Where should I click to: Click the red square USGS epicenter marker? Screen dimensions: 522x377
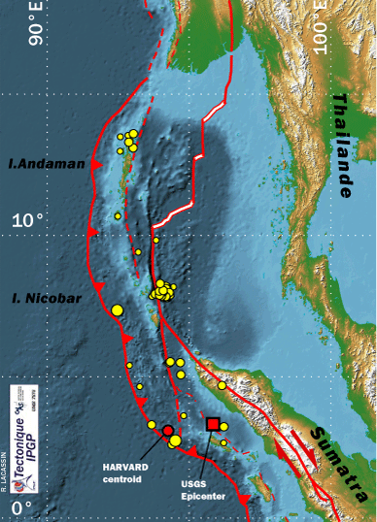pos(214,424)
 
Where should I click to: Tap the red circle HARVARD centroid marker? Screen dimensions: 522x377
pos(168,430)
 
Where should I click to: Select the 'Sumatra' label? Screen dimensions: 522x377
pos(336,453)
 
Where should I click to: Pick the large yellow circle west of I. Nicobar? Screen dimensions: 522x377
pos(118,310)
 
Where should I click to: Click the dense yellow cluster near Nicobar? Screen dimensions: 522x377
pos(163,290)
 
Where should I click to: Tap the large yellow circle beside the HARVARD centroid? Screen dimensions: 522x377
pos(175,441)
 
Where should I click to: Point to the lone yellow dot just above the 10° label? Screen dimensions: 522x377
pos(117,215)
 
